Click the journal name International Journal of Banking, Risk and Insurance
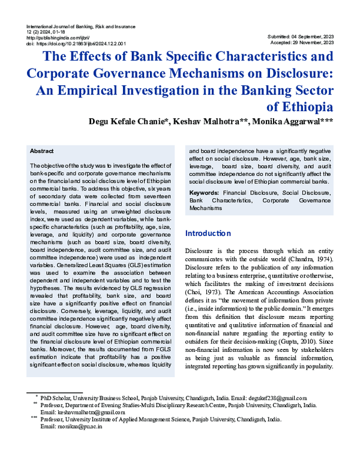point(81,27)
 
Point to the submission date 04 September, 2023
point(316,37)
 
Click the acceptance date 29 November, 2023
point(316,43)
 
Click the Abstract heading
point(41,151)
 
